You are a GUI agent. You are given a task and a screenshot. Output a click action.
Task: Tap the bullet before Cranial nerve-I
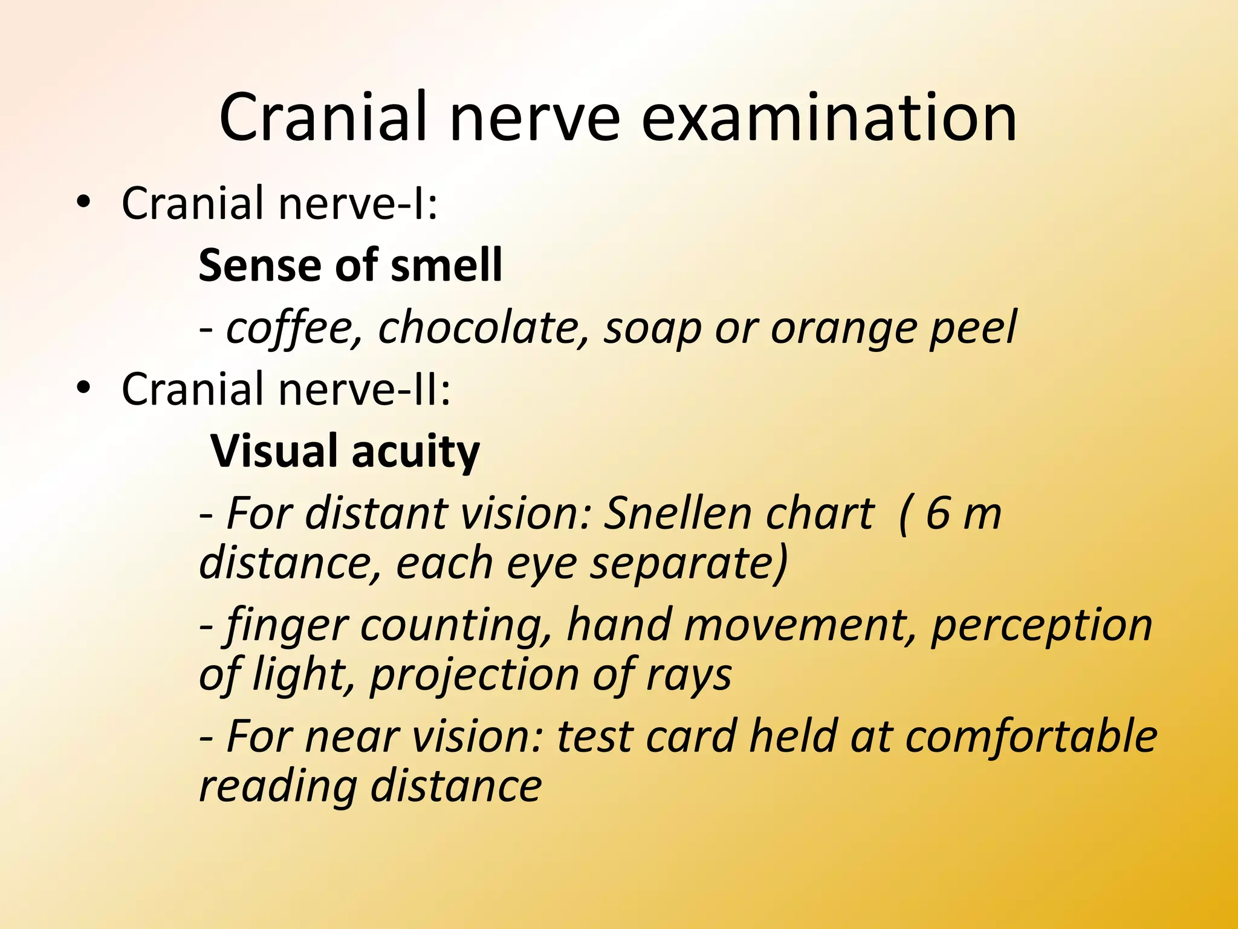coord(83,203)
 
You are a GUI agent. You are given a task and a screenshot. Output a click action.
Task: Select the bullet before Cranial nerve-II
coord(83,389)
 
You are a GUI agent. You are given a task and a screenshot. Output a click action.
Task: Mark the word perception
coord(1041,626)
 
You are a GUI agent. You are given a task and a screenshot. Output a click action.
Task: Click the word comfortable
coord(1031,737)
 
